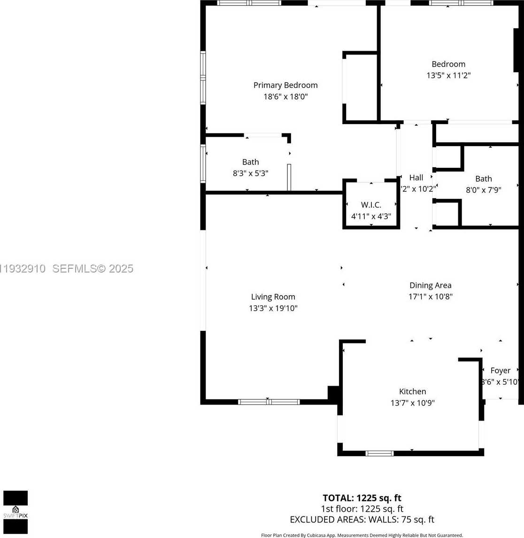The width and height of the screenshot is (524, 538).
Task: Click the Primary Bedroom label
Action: pos(285,85)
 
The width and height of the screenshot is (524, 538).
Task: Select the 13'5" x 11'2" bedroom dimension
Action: pos(448,75)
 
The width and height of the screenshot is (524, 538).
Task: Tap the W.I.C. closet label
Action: pos(371,205)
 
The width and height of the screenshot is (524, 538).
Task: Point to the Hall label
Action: pos(416,178)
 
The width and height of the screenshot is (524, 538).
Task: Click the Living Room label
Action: pos(273,297)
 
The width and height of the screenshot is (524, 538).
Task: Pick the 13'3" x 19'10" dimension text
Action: pos(273,308)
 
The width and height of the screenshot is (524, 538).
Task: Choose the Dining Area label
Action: pos(430,285)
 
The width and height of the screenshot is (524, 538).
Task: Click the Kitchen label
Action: pos(412,391)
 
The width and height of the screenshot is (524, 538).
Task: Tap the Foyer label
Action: pos(500,371)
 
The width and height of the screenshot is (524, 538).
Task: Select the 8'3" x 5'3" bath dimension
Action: pos(250,173)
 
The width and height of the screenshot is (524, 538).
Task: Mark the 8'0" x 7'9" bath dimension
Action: pos(483,190)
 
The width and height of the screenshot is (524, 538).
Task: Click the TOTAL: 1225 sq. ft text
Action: pos(362,498)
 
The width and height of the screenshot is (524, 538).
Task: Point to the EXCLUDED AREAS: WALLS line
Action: pos(362,520)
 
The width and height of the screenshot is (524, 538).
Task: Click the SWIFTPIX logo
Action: pos(15,512)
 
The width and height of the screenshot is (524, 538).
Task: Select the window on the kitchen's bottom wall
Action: pos(379,453)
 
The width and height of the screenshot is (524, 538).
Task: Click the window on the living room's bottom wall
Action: pos(269,402)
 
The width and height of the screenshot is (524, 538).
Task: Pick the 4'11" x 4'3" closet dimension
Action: pos(371,216)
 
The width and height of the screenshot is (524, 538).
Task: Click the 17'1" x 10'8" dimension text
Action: pos(430,296)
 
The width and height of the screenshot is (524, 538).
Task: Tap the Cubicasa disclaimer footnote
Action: pos(362,535)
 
